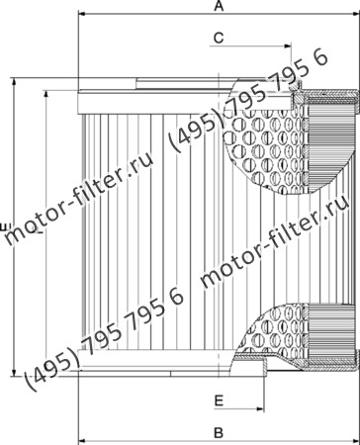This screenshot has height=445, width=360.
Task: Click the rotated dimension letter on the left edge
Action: (x=6, y=229)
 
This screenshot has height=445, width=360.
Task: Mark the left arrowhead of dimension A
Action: (x=82, y=17)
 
